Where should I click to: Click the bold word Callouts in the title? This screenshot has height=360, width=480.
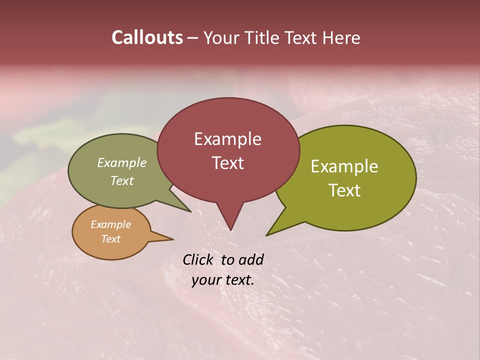(147, 37)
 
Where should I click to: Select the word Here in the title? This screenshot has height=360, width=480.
(342, 37)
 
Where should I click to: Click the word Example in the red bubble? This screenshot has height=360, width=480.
(227, 139)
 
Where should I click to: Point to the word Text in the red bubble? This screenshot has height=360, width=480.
(227, 163)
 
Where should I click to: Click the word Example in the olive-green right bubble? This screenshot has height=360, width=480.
(344, 166)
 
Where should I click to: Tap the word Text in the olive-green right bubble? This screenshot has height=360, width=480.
(344, 190)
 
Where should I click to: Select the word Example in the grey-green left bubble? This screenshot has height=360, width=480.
(122, 163)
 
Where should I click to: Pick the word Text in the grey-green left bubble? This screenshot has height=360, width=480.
(122, 180)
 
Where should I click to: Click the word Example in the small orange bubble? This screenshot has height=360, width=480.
(111, 224)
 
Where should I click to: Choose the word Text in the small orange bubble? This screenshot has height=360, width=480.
(111, 239)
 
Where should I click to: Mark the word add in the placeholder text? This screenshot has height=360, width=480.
(251, 259)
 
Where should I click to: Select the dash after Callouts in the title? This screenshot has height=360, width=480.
(193, 38)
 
